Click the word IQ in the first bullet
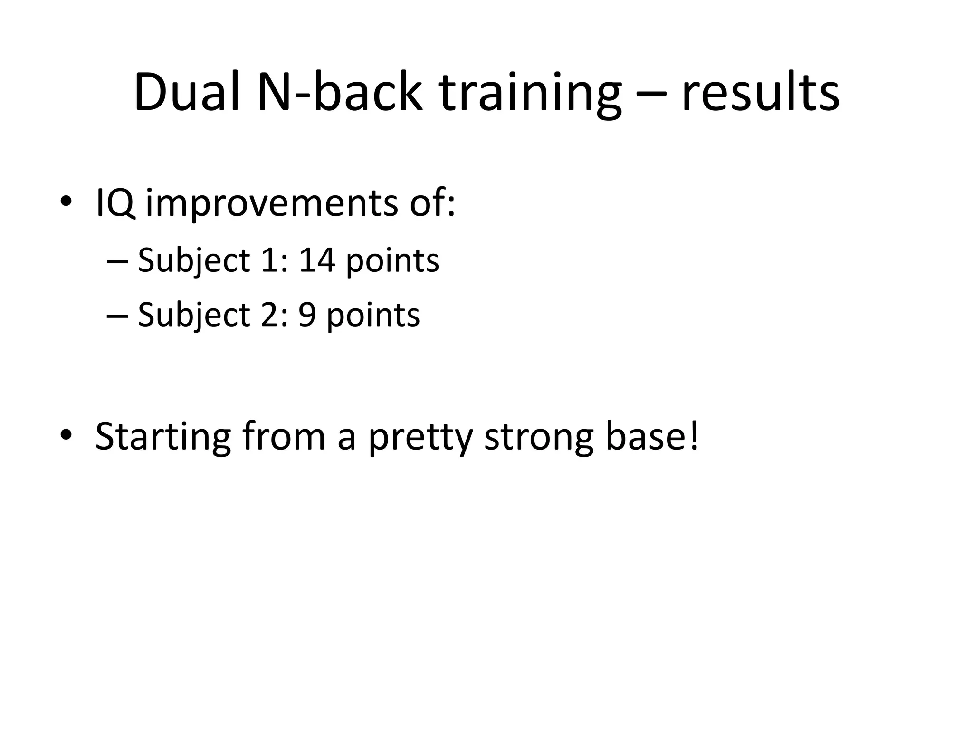click(115, 203)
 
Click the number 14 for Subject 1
click(317, 260)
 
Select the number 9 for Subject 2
click(307, 315)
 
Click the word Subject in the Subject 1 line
click(194, 261)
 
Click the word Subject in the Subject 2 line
click(194, 316)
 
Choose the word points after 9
click(373, 316)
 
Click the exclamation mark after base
click(694, 435)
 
